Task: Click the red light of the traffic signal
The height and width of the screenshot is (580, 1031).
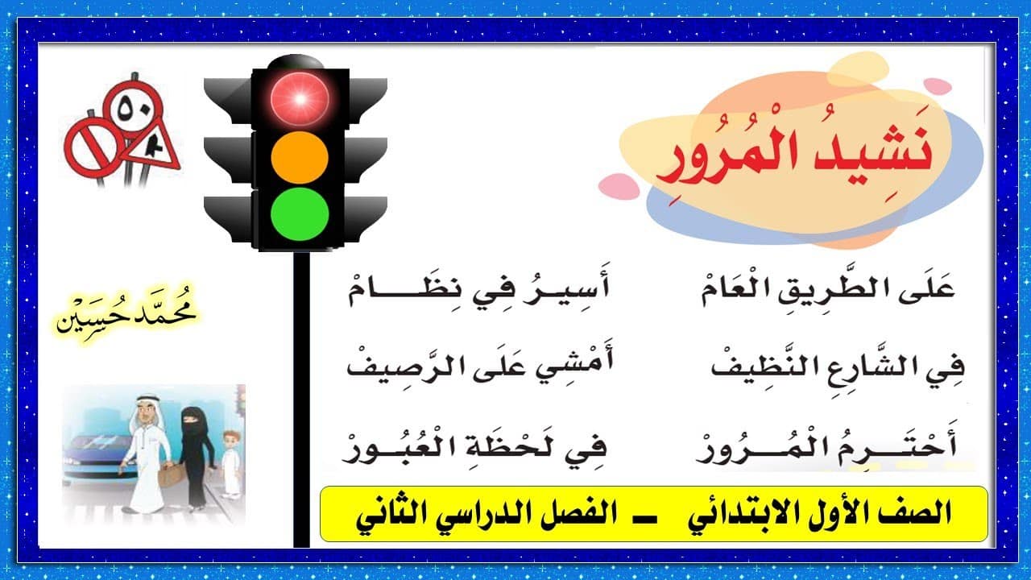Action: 300,99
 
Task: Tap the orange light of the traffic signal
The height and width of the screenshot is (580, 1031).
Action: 300,157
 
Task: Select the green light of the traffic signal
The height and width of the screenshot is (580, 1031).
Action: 300,214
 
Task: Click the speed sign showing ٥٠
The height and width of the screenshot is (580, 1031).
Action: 133,108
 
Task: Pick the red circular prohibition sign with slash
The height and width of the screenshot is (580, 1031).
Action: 94,147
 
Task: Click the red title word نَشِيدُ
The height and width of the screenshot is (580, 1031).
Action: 867,148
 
